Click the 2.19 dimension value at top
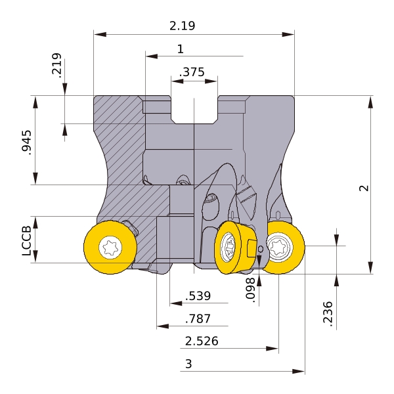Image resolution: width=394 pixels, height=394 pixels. [182, 26]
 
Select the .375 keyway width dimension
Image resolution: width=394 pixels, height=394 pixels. [192, 72]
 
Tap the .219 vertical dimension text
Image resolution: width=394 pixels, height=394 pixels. [56, 64]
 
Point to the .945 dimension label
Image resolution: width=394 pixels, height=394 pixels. [26, 142]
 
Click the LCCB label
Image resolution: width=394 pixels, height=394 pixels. [27, 241]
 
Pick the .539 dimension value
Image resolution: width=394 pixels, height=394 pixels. [198, 296]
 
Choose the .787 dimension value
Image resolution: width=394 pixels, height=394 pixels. [198, 318]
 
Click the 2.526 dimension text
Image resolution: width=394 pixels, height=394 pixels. [202, 341]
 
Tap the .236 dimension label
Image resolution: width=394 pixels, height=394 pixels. [328, 314]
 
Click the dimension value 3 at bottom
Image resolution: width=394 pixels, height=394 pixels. [188, 364]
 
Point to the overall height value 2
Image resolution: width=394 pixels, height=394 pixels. [364, 188]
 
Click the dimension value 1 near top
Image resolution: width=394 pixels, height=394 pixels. [181, 49]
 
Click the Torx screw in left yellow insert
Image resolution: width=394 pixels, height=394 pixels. [110, 248]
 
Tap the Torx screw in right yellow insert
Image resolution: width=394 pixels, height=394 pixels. [280, 246]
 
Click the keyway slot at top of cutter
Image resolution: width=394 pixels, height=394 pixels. [194, 110]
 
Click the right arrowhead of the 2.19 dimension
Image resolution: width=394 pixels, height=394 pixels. [288, 34]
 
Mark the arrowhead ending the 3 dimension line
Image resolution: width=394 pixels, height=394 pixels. [299, 371]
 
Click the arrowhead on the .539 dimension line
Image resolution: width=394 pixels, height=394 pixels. [176, 303]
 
